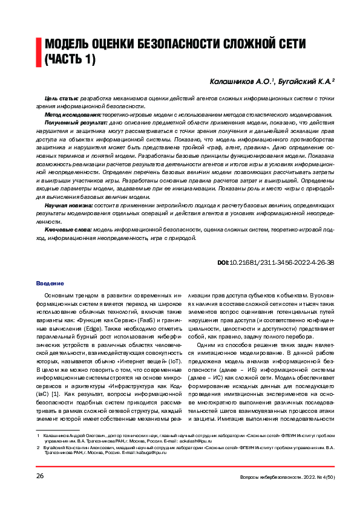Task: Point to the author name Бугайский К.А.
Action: point(306,80)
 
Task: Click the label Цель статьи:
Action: point(62,98)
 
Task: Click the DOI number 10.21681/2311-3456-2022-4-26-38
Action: point(282,263)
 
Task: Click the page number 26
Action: point(40,476)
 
